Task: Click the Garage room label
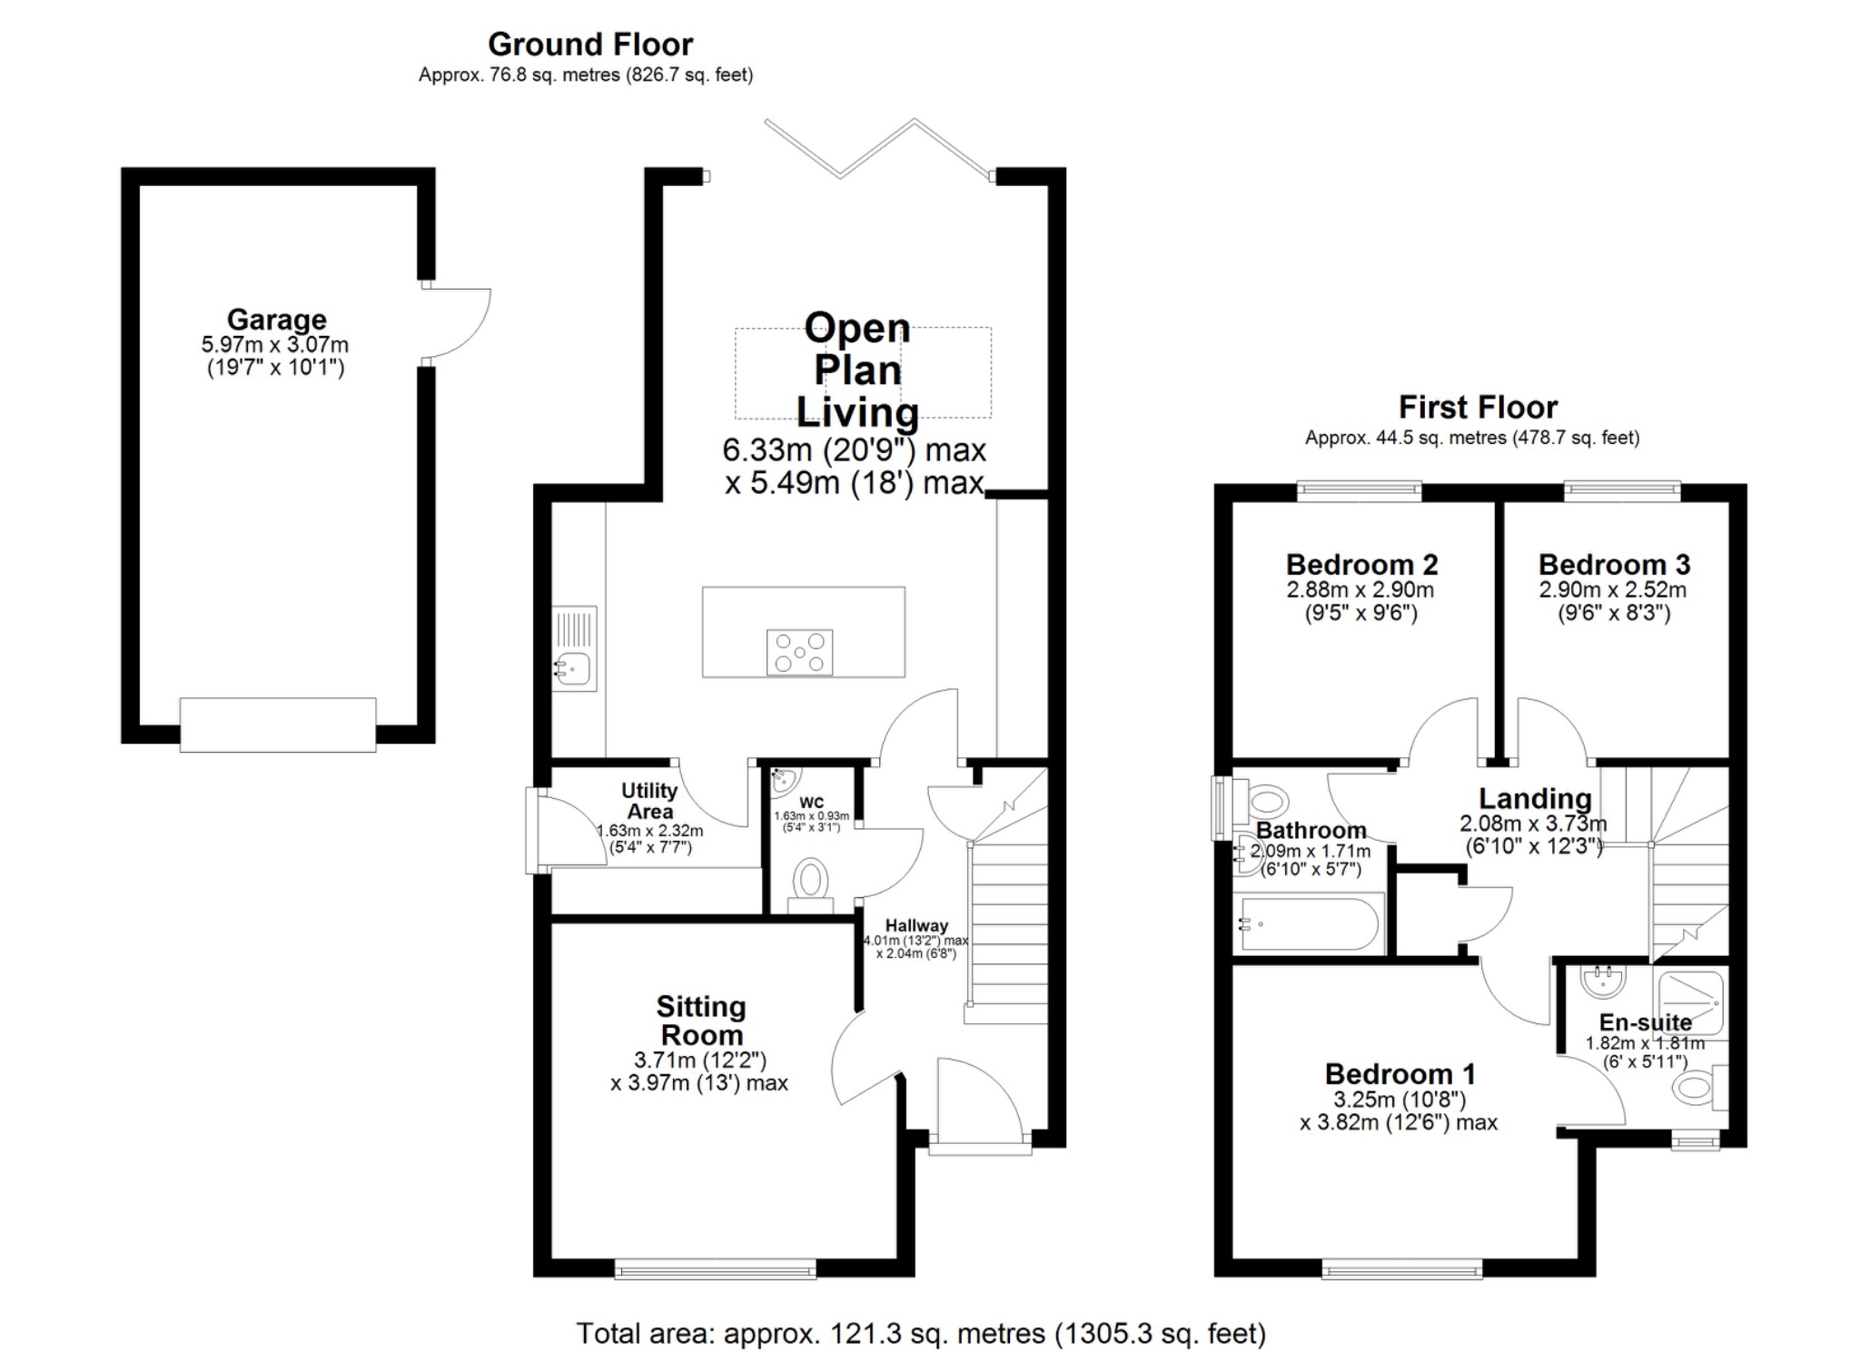(276, 320)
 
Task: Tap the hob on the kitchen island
(799, 652)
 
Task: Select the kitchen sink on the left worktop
(574, 668)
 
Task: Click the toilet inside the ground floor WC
(811, 882)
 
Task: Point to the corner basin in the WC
(784, 780)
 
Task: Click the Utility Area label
(649, 801)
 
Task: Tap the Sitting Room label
(701, 1020)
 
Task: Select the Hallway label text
(916, 925)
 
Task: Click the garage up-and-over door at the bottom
(278, 724)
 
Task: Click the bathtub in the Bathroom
(1309, 924)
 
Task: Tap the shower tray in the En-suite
(1690, 1003)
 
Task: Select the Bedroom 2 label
(1361, 565)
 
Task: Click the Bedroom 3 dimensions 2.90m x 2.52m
(1612, 590)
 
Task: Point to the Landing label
(1535, 798)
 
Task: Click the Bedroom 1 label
(1400, 1074)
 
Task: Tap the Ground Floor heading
(590, 44)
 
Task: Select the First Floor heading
(1478, 406)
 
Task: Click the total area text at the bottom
(921, 1333)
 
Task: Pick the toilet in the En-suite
(1695, 1087)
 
